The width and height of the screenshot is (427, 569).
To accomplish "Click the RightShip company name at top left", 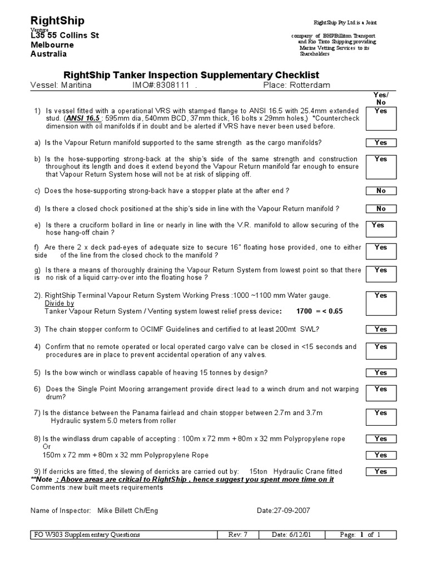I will click(58, 21).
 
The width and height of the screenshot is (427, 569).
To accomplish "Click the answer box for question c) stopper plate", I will click(380, 191).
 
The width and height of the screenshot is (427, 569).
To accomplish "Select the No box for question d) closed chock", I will click(380, 209).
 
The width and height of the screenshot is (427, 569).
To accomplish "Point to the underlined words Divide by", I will click(59, 304).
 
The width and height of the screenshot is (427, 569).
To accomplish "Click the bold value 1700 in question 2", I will click(304, 312).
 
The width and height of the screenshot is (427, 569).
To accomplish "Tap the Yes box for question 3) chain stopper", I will click(380, 330).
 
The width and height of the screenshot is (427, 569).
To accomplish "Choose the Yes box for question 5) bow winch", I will click(380, 373).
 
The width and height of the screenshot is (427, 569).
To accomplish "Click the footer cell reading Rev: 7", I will click(240, 535).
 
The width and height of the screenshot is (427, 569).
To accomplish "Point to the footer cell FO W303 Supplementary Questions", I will click(87, 535).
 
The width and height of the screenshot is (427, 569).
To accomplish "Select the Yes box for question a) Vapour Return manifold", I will click(380, 143).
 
